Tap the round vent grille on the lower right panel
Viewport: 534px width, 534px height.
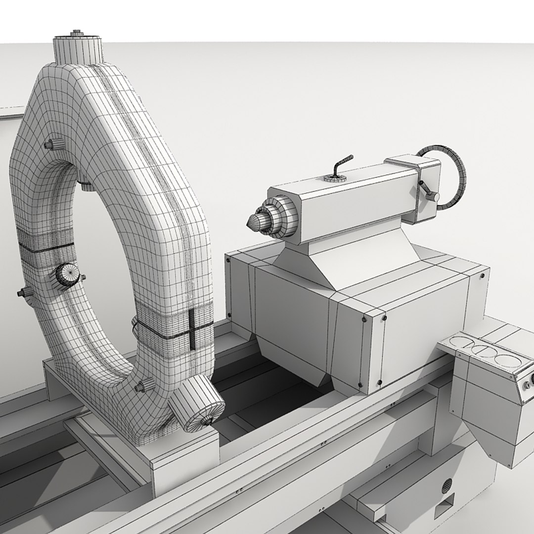coord(446,487)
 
